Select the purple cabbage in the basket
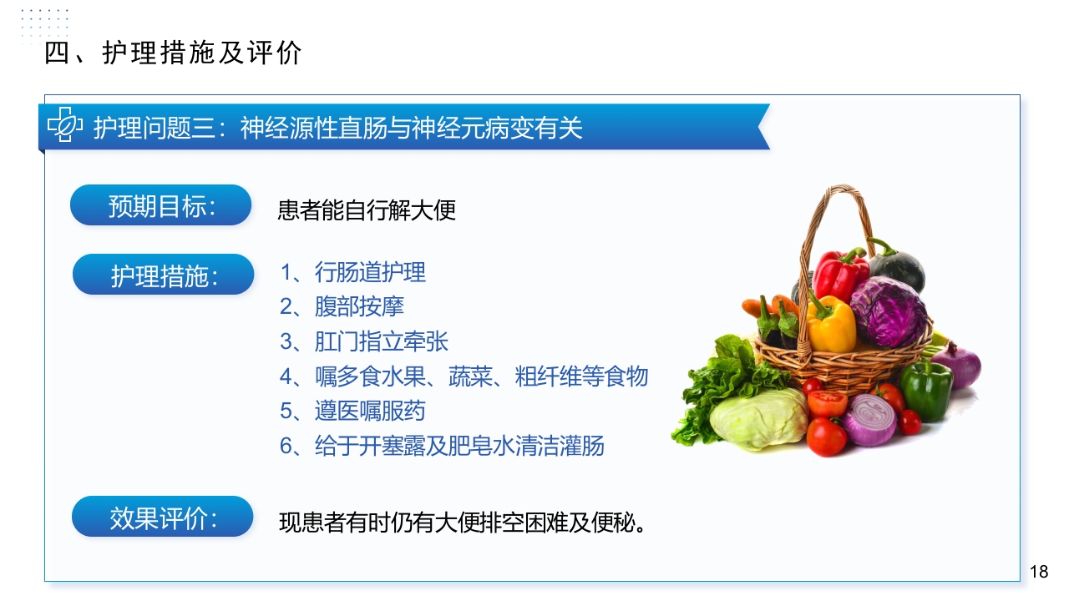[889, 310]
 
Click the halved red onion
[870, 419]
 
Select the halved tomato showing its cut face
[828, 403]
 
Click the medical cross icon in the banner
[64, 126]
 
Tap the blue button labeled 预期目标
[160, 205]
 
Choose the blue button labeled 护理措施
[163, 275]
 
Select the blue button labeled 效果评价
[162, 517]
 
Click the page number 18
[1039, 572]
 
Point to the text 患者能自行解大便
[367, 210]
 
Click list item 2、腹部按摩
[342, 306]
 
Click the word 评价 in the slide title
[275, 53]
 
